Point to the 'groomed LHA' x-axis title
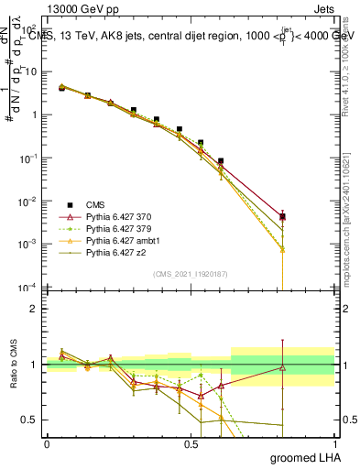307,457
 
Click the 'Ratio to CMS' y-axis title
14,365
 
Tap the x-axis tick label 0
48,443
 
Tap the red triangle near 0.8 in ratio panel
283,368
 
